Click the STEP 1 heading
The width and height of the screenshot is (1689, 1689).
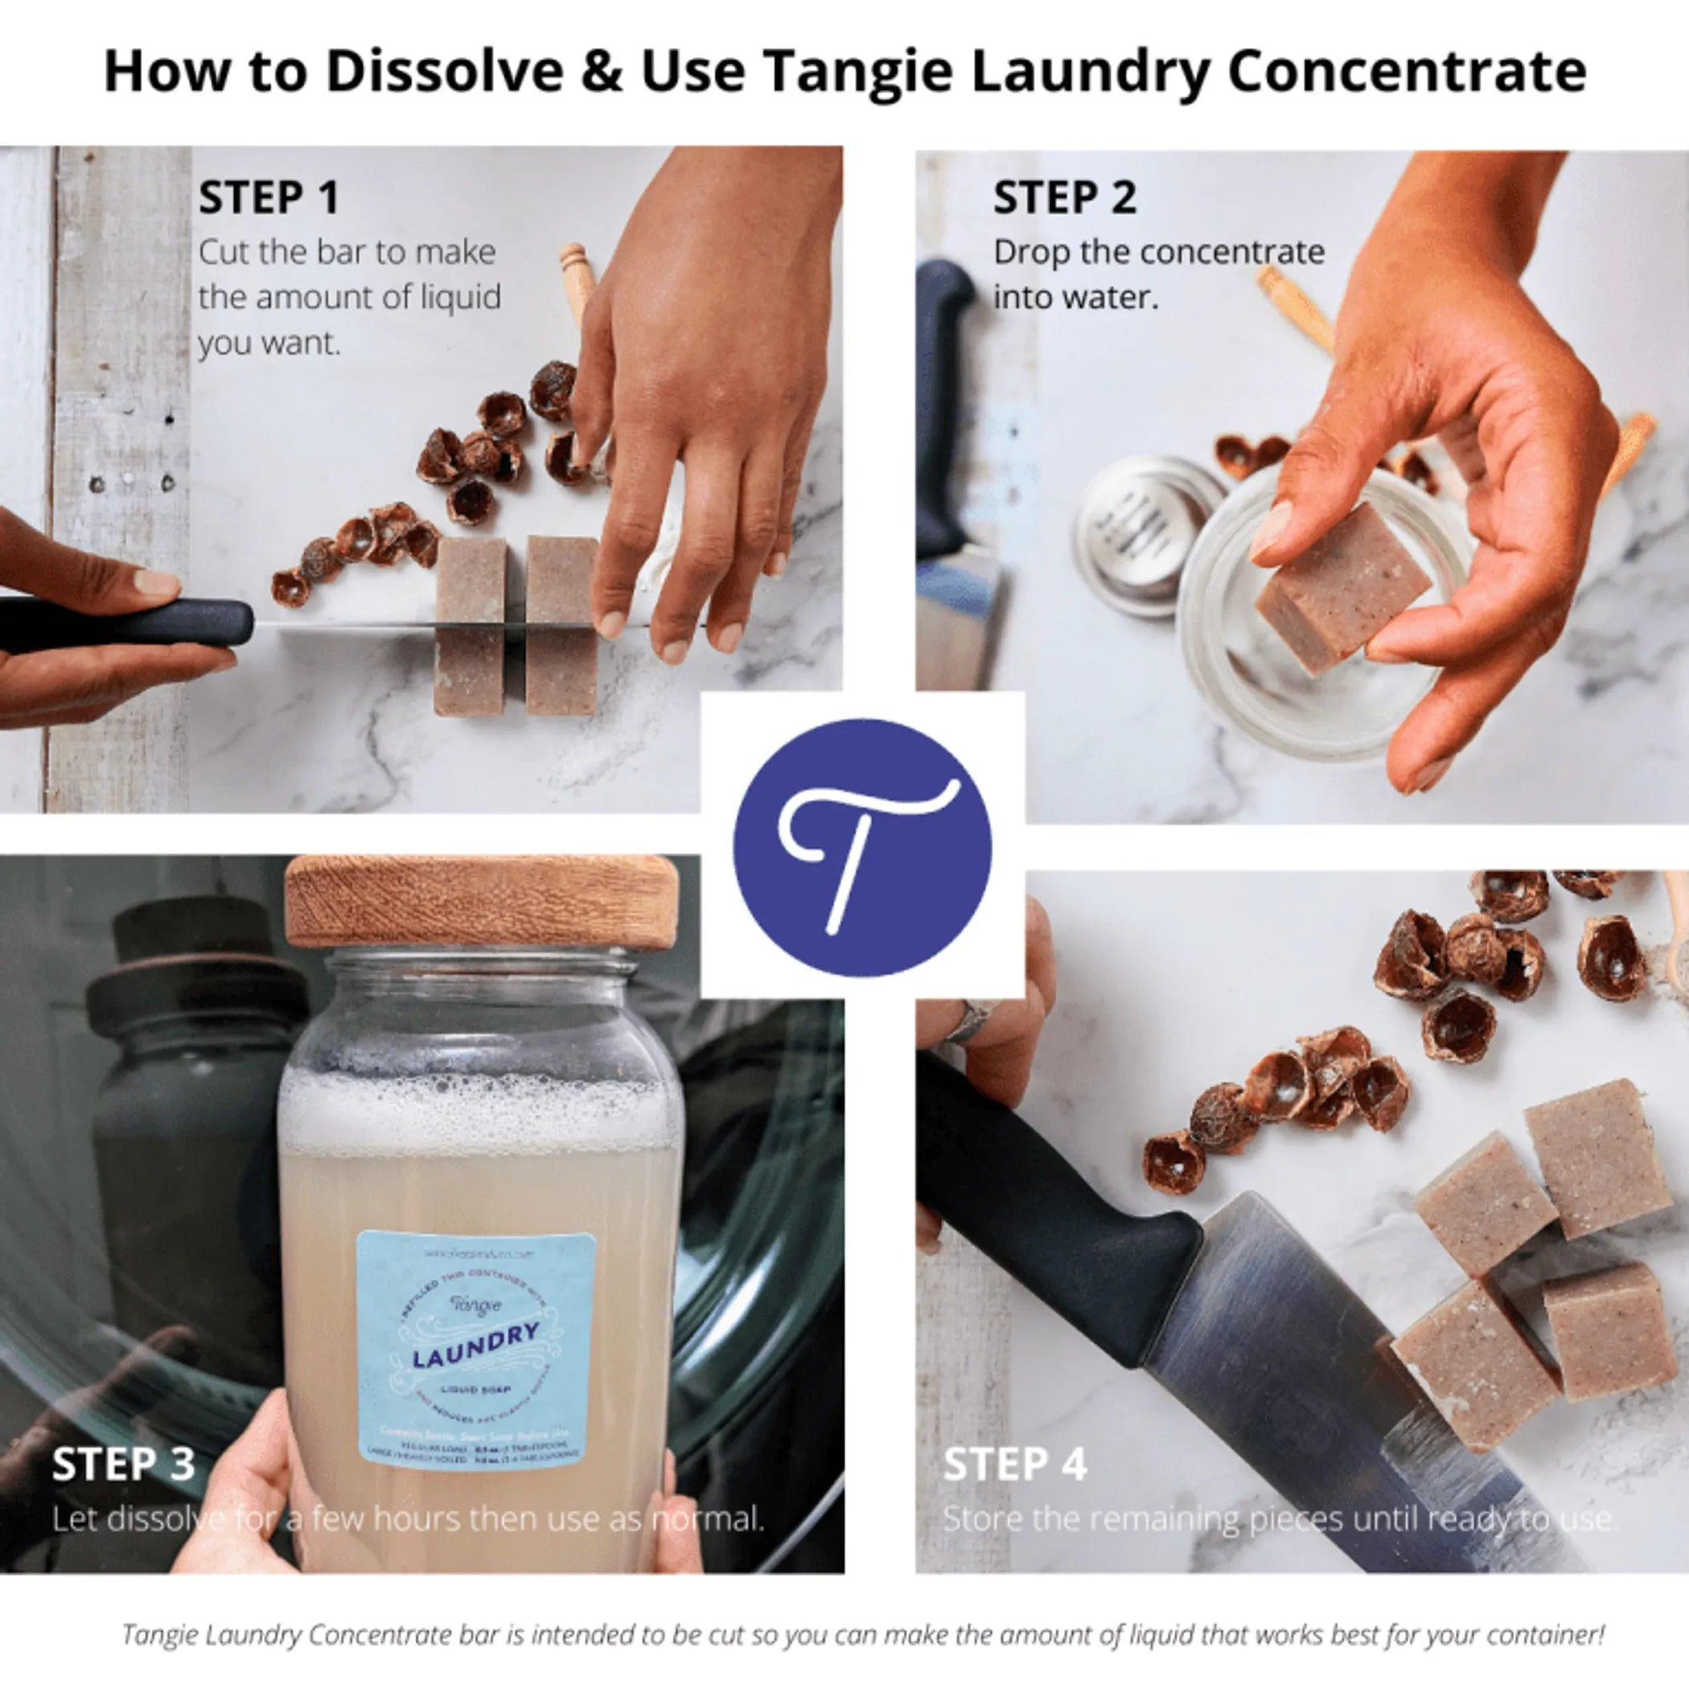[x=269, y=197]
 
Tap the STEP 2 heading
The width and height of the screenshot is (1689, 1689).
[x=1064, y=197]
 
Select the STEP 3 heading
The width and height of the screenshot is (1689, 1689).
[x=123, y=1464]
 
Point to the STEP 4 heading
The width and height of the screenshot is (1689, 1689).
[x=1015, y=1464]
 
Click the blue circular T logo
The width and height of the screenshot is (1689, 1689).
[x=861, y=848]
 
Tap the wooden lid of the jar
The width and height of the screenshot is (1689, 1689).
[x=481, y=903]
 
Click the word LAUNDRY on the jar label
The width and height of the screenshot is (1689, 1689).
[x=475, y=1346]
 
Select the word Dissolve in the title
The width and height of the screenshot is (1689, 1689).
[x=444, y=72]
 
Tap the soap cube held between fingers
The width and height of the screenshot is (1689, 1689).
[x=1342, y=586]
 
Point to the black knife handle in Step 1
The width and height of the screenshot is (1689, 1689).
[x=131, y=623]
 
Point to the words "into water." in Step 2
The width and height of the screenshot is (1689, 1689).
[x=1075, y=298]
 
